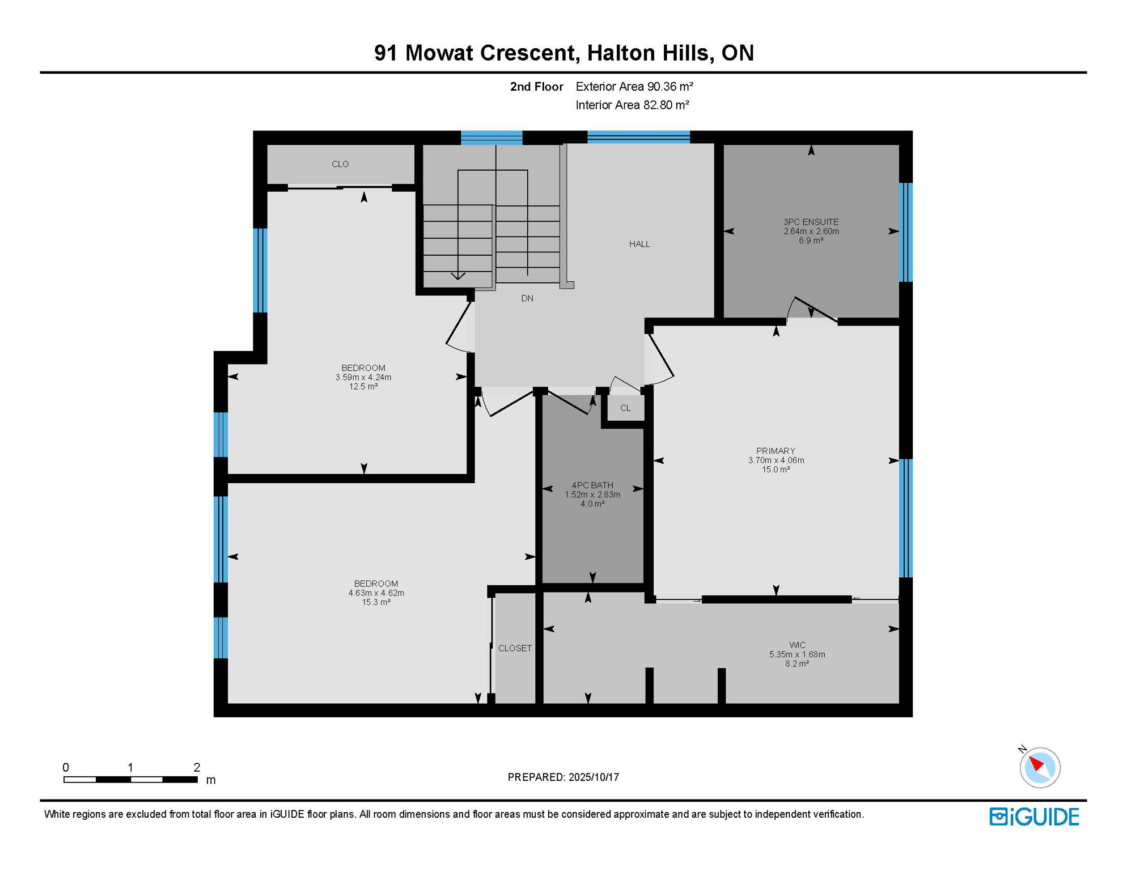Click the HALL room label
[639, 244]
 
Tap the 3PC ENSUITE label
[811, 222]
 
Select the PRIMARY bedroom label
[776, 451]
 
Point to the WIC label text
[797, 645]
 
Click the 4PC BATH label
[592, 485]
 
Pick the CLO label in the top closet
[340, 164]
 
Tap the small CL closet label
[625, 408]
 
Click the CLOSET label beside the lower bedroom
[515, 648]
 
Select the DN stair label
[527, 298]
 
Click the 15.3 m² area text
[376, 602]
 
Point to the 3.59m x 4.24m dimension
[363, 377]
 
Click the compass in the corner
[1040, 767]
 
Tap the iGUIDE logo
[1034, 817]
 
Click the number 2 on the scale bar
[197, 767]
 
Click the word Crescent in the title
[528, 53]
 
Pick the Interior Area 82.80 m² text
[632, 105]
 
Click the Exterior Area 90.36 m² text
[634, 86]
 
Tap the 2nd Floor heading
[536, 86]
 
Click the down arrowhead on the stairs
[458, 276]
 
